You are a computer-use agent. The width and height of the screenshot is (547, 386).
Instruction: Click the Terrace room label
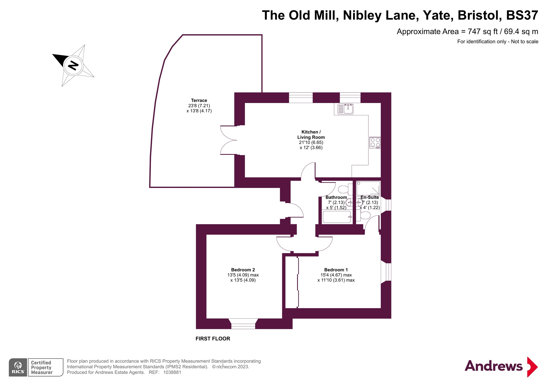(x=199, y=100)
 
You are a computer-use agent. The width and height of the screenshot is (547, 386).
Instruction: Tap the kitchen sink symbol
(x=346, y=109)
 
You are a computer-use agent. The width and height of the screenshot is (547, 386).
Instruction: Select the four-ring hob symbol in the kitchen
(x=375, y=142)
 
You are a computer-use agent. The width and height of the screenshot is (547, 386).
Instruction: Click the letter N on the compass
(x=73, y=65)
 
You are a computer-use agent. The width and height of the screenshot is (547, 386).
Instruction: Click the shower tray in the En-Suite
(x=368, y=188)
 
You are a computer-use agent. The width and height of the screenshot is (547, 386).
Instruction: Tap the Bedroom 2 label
(x=243, y=270)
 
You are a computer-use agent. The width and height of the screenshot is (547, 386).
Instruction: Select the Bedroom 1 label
(x=336, y=270)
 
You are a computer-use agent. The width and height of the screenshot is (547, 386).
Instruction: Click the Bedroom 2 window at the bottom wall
(x=243, y=324)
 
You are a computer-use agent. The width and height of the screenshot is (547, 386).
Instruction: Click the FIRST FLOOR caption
(x=213, y=339)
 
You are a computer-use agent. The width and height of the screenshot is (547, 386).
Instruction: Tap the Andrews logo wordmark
(x=493, y=366)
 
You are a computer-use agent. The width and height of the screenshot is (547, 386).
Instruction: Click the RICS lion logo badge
(x=18, y=367)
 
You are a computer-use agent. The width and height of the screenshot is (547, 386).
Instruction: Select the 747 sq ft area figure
(x=483, y=32)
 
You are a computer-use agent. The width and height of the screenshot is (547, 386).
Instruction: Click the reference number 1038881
(x=172, y=372)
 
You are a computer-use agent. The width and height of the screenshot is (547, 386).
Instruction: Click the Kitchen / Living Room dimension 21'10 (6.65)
(x=311, y=142)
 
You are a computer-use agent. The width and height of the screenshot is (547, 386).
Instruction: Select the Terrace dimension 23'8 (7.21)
(x=199, y=106)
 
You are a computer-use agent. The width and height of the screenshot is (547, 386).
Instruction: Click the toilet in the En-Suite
(x=365, y=215)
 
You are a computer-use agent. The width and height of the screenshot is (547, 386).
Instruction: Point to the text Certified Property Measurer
(x=42, y=367)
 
